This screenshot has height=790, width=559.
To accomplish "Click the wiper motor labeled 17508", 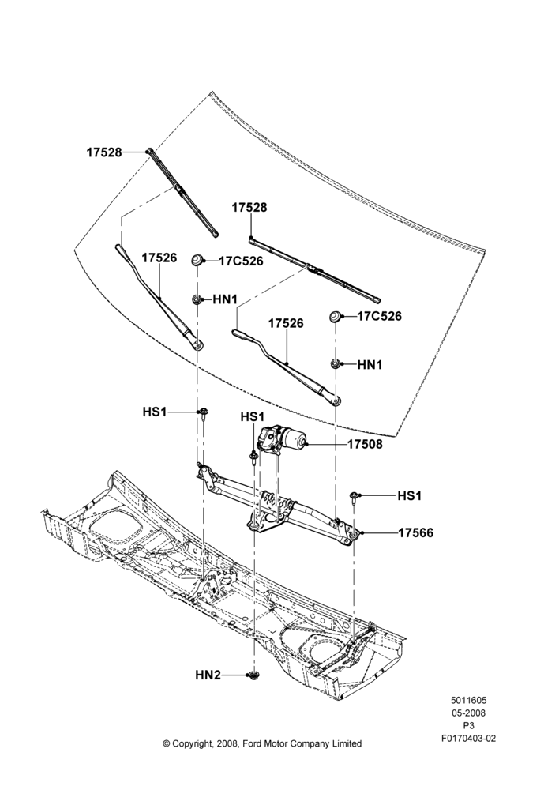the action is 279,438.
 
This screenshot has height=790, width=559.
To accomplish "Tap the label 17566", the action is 415,533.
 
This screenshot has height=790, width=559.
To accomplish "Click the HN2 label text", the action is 208,675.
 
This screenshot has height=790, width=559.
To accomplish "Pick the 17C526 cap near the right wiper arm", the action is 336,317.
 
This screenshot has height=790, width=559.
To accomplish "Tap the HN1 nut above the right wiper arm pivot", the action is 336,363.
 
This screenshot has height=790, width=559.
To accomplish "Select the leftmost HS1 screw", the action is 202,414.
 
